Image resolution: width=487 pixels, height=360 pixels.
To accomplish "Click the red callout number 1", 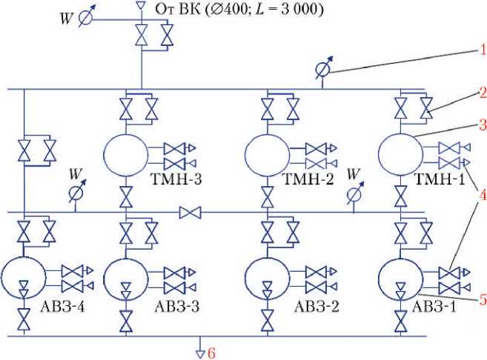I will [481, 51].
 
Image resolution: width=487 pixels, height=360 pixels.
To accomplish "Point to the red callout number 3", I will [481, 123].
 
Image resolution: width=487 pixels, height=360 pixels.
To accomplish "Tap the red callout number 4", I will [481, 196].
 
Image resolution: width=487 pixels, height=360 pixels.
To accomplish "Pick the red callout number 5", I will [481, 299].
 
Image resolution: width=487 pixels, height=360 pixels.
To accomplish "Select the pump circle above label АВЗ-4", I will [24, 277].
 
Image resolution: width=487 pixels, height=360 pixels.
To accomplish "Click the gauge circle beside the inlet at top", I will [87, 18].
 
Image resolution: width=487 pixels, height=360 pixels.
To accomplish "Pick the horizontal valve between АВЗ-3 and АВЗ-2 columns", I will [191, 214].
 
